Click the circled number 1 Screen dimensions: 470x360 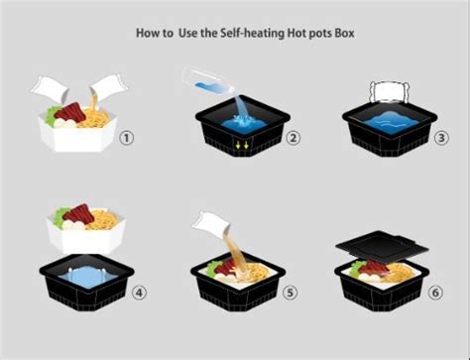pos(127,138)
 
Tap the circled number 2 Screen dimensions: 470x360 pos(294,138)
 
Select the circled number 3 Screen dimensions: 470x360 pos(441,138)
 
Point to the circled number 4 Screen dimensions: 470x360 pos(139,293)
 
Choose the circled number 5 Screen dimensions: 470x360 pos(290,293)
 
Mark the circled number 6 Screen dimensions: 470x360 pos(435,293)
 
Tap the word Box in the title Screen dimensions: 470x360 pos(345,33)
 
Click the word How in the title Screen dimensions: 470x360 pos(147,33)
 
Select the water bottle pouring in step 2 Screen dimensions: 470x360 pos(209,81)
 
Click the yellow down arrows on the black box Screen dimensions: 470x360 pos(242,145)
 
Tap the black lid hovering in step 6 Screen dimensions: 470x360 pos(382,246)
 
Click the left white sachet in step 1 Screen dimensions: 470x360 pos(50,88)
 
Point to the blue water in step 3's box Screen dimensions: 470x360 pos(392,123)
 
